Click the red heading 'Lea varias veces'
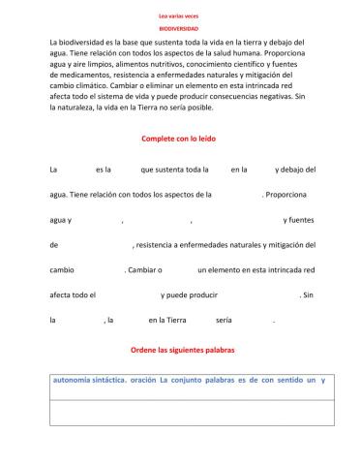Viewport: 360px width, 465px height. [179, 16]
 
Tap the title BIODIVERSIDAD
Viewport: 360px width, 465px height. [179, 30]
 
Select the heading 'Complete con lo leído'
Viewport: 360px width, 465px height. [178, 139]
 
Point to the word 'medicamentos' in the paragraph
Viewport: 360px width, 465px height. [88, 76]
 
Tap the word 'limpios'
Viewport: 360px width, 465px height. [100, 65]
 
